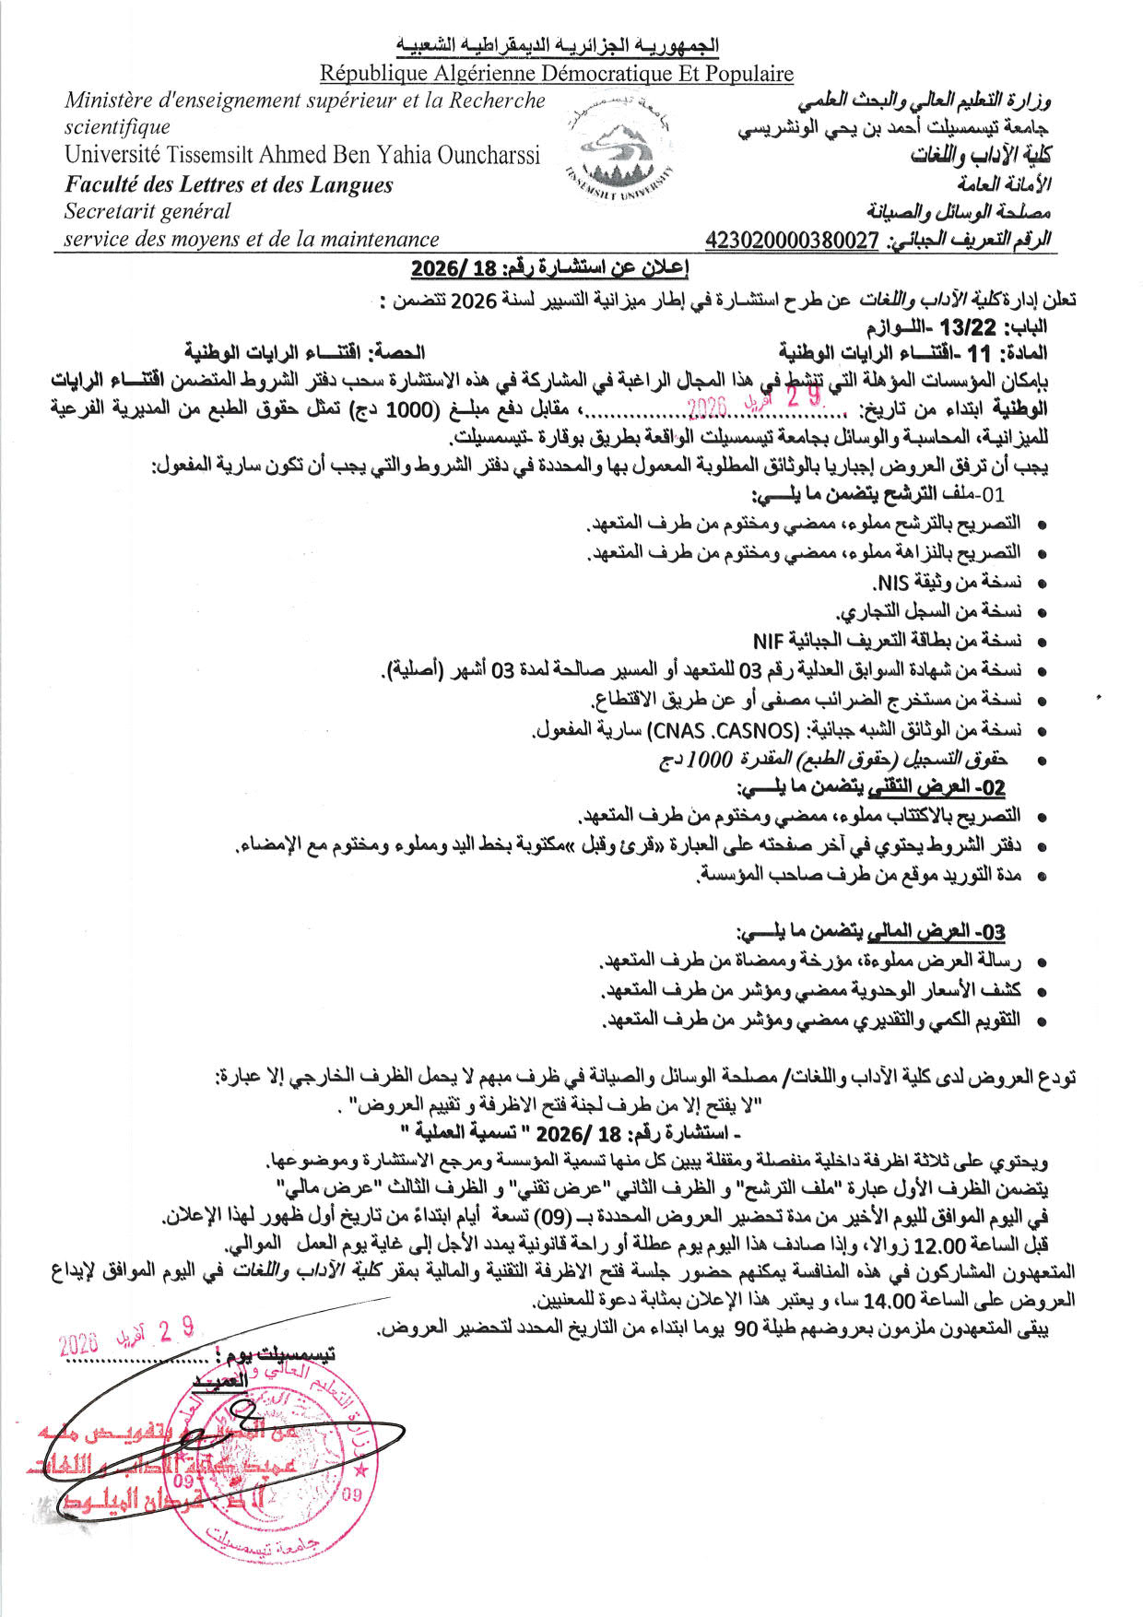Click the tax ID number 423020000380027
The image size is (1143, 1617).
click(792, 242)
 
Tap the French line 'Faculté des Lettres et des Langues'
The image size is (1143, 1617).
click(229, 185)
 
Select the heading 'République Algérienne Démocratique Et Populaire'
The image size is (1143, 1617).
click(557, 73)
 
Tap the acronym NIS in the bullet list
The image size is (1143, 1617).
click(890, 583)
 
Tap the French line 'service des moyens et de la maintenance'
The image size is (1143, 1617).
click(251, 240)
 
